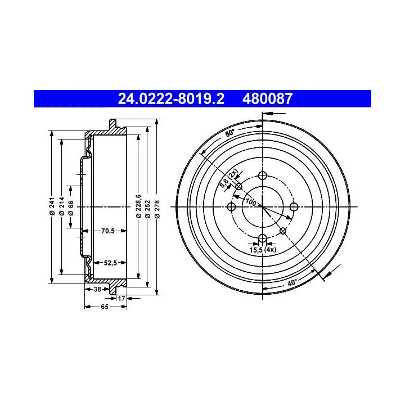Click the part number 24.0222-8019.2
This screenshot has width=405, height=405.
[171, 98]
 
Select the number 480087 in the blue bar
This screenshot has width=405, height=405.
[267, 98]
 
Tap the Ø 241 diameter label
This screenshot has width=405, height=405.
[52, 206]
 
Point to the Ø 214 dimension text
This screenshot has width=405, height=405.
[61, 206]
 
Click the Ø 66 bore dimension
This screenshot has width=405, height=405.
[71, 208]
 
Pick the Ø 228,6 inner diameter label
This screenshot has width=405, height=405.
[138, 206]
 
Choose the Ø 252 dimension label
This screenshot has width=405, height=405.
[148, 209]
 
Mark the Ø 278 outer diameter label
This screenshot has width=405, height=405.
[157, 209]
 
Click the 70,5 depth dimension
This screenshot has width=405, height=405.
[107, 231]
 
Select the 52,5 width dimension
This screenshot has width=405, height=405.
[110, 263]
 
